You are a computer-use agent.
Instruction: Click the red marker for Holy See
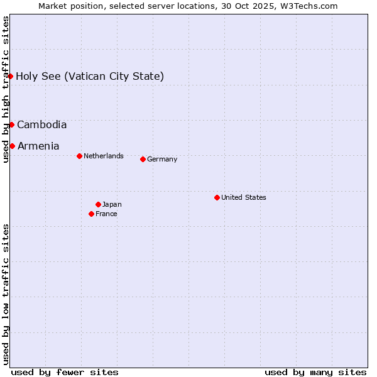tap(11, 76)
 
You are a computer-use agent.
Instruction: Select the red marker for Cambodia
tap(11, 124)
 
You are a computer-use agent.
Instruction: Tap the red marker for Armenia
tap(12, 146)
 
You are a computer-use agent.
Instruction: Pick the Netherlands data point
tap(79, 156)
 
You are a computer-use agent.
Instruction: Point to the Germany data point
tap(143, 159)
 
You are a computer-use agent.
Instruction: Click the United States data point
tap(217, 197)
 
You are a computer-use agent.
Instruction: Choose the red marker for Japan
tap(98, 204)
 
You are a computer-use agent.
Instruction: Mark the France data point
tap(91, 214)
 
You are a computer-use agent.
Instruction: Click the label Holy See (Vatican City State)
tap(90, 77)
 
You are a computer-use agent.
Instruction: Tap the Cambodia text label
tap(41, 125)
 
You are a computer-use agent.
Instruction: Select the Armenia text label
tap(38, 146)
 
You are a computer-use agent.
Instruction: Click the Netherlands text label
tap(104, 156)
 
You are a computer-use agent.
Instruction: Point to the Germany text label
tap(162, 160)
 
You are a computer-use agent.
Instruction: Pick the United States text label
tap(244, 198)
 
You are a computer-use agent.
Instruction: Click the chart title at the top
tap(188, 6)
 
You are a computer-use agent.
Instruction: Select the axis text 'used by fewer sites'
tap(65, 372)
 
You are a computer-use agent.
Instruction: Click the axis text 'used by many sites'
tap(315, 372)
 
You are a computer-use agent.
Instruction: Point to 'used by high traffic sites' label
tap(6, 89)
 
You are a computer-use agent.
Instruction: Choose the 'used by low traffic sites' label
tap(6, 294)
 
